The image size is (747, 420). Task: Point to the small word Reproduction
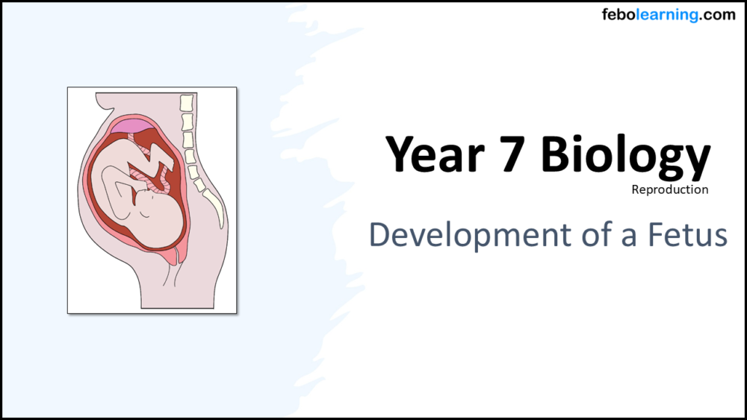669,189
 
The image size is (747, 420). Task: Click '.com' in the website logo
718,15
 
